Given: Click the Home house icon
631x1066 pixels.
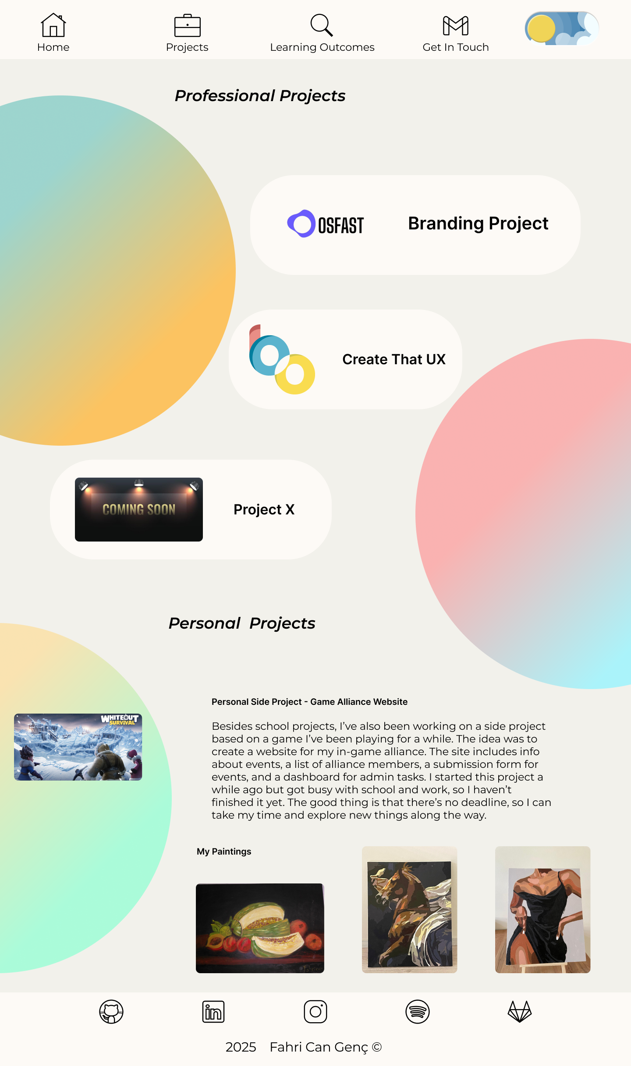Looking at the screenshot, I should pos(53,25).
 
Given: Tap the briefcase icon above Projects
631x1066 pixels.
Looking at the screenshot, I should pos(187,26).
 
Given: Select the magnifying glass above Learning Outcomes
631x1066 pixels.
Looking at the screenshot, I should pos(322,25).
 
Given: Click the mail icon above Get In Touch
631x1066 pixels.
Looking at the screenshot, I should pos(455,26).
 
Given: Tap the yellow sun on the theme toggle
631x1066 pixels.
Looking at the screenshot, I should pos(541,29).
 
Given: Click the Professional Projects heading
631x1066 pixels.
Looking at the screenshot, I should pos(260,96).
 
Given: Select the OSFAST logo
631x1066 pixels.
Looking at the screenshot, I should pos(325,224).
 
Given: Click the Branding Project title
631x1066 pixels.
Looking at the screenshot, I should pos(478,224).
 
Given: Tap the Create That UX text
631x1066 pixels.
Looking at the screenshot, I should pos(393,359).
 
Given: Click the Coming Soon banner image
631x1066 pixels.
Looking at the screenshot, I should pos(138,510).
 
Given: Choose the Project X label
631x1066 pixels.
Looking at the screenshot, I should pos(264,510).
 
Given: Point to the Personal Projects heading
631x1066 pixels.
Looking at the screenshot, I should pos(242,623).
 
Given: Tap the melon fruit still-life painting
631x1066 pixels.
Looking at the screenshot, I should pos(260,928).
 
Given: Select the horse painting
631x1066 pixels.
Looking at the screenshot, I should pos(409,910).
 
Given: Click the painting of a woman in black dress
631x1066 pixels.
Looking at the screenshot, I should pos(542,910).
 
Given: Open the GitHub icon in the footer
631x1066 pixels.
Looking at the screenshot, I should pos(111,1012).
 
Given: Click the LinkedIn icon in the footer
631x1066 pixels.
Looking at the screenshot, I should pos(213,1012).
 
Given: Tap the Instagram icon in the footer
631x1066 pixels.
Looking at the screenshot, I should pos(315,1012).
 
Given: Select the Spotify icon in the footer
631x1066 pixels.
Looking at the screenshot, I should pos(418,1012).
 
